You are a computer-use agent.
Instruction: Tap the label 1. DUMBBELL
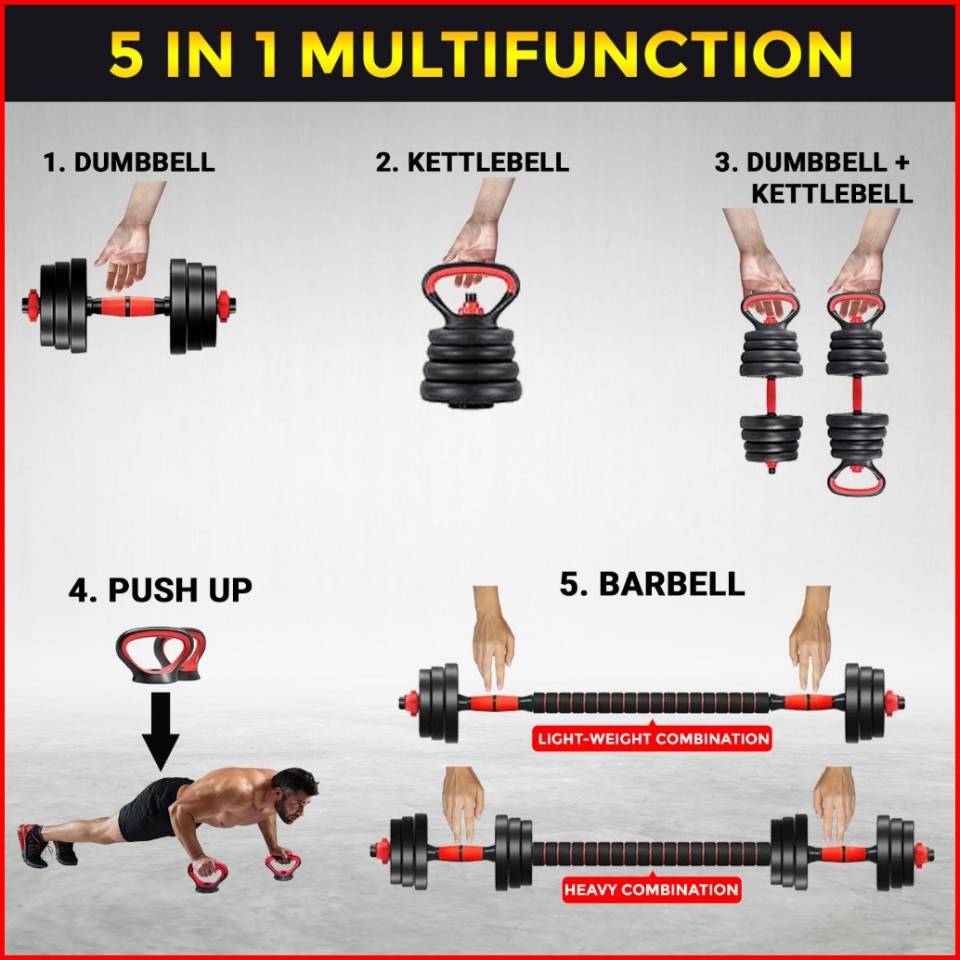129,162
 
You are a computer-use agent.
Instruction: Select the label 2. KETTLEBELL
472,162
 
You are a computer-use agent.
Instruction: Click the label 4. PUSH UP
161,590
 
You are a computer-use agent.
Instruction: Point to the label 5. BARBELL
653,583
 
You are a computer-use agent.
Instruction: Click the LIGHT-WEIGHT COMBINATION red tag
653,738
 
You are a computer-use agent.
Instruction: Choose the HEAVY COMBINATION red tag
652,889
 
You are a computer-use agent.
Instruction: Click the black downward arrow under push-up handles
161,731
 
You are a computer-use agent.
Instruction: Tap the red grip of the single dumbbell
128,305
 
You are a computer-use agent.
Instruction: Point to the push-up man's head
295,792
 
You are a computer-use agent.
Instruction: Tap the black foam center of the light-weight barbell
650,703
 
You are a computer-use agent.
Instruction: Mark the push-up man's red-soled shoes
46,846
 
